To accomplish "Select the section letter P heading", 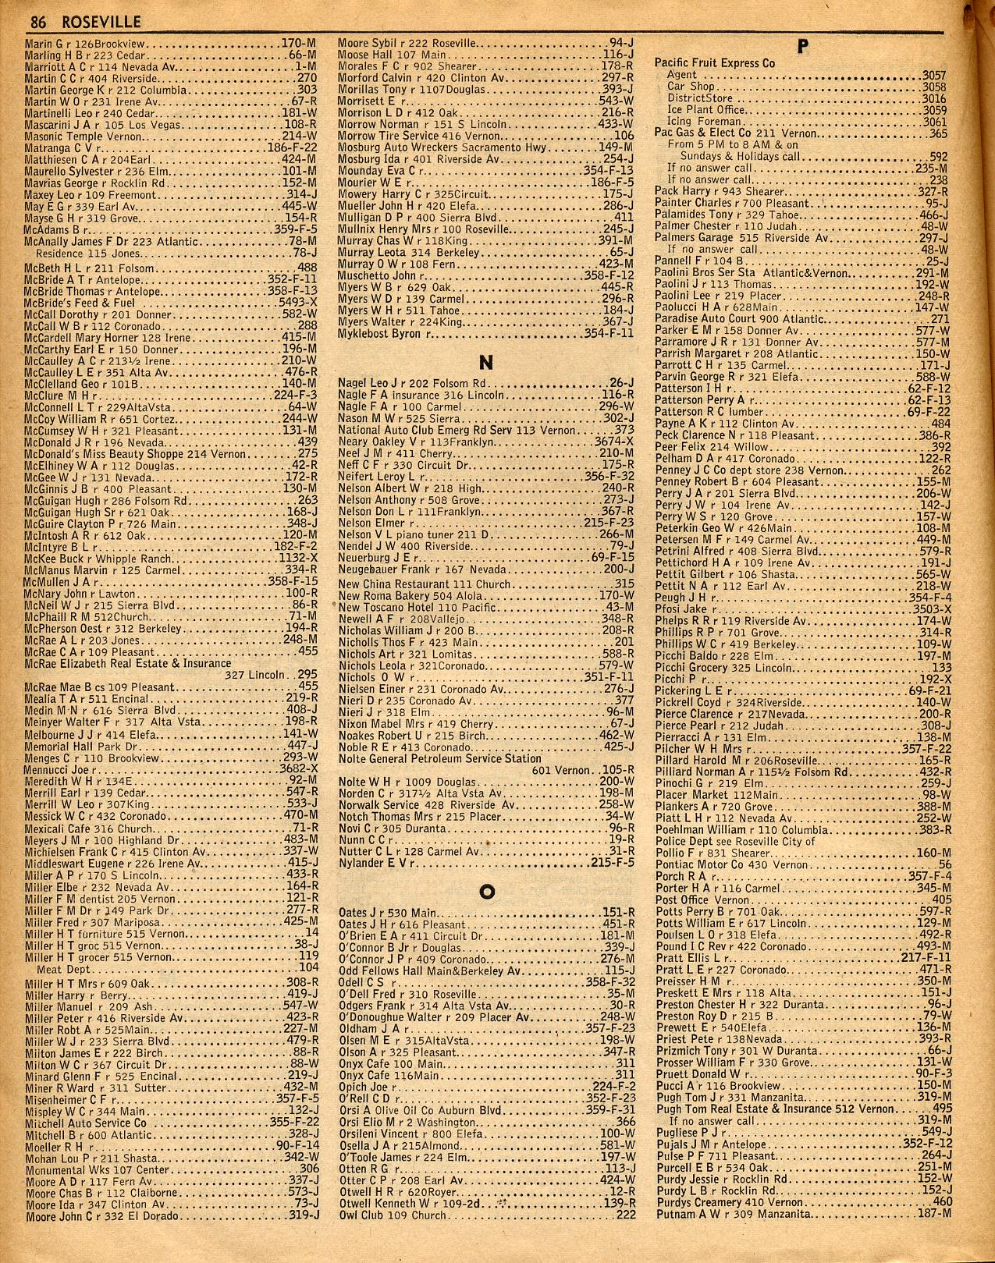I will coord(801,47).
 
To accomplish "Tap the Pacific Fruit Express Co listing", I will coord(714,64).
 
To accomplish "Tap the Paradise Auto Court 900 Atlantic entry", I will coord(739,319).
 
